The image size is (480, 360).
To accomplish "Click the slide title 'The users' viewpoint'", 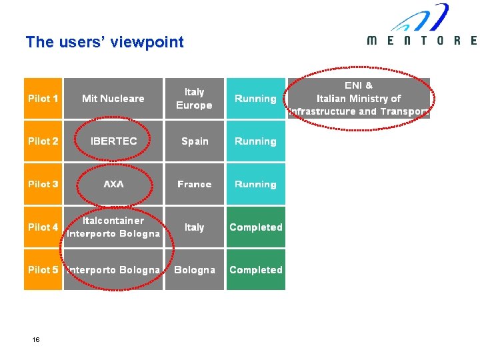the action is pos(104,42).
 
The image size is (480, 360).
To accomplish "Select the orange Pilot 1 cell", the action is pos(43,99).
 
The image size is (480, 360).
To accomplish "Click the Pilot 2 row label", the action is pos(43,141).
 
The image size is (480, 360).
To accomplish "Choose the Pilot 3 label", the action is pos(43,184).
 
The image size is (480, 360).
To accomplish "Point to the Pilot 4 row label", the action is pos(43,227).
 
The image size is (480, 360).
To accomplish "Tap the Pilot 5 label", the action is pos(43,270).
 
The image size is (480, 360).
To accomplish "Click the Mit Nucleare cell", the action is pos(113,99).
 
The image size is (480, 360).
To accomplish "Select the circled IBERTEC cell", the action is pos(113,141).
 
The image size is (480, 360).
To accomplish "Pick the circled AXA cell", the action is pos(113,184).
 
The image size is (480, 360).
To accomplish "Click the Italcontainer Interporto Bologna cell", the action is pos(113,227).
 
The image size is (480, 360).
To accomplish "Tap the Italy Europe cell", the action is pos(194,99).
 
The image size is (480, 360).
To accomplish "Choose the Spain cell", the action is pos(195,141).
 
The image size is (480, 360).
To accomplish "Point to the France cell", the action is pos(195,184).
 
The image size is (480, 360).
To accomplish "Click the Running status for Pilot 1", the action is pos(255,99).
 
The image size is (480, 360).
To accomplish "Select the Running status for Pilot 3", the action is pos(255,184).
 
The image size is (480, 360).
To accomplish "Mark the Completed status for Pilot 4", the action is pos(255,227).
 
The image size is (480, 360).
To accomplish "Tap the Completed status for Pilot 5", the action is pos(255,270).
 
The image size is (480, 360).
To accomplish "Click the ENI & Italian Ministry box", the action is pos(359,99).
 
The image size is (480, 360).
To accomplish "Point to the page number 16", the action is pos(36,340).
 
